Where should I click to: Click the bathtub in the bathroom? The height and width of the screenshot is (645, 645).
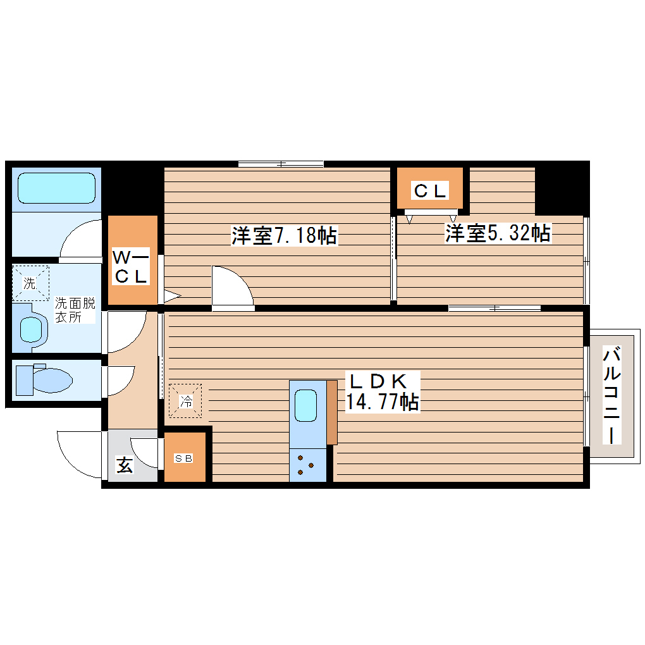point(56,188)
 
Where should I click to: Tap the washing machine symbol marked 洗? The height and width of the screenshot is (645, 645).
point(30,283)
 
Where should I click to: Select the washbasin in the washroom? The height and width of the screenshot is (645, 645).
point(32,328)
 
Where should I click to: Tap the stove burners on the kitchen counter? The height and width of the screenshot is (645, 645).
point(307,465)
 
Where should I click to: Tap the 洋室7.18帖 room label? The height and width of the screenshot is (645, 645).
point(283,236)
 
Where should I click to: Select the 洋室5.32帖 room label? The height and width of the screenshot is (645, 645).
point(497,233)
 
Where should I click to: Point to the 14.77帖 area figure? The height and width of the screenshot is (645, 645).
point(382,402)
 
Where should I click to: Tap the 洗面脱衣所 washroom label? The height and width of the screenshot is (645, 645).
point(75,309)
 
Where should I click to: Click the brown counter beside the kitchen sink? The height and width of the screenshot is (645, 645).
point(332,412)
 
